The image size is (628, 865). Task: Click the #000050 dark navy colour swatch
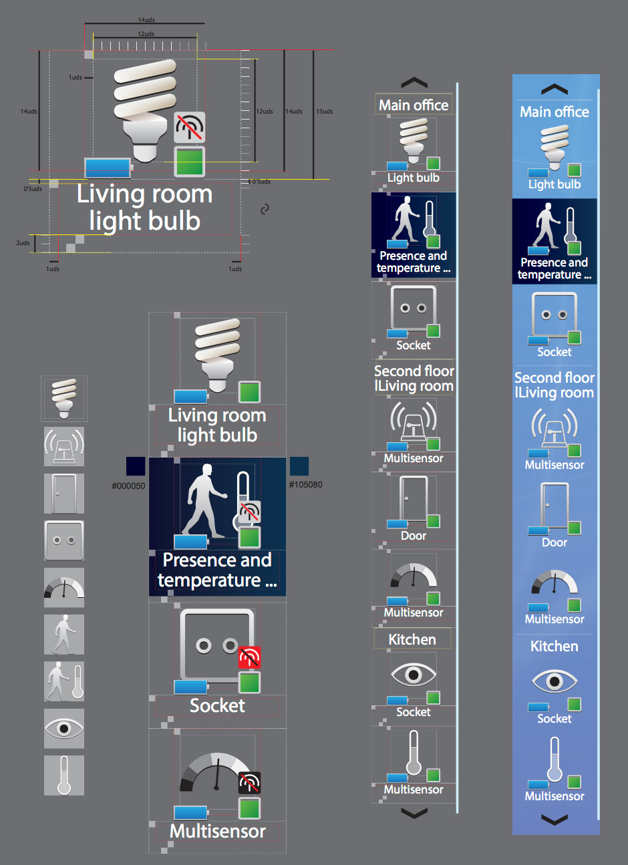(136, 466)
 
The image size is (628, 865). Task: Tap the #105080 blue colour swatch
(299, 466)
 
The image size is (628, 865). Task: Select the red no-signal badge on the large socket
(249, 658)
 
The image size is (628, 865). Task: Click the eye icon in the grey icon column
(64, 728)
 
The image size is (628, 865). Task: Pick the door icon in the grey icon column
(64, 494)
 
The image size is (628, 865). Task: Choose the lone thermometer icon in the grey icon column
(64, 775)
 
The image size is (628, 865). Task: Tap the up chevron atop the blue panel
(555, 90)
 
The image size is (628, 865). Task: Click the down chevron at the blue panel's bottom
(555, 820)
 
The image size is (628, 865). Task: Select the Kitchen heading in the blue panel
(555, 647)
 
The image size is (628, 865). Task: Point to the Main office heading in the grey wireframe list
(414, 105)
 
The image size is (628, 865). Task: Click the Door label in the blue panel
(555, 542)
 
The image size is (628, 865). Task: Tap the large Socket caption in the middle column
(217, 706)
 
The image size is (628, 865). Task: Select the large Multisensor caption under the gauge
(218, 832)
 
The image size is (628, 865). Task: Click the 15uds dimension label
(325, 112)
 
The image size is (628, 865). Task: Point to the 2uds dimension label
(23, 243)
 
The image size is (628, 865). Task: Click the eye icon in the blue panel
(554, 681)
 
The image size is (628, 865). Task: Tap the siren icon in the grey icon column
(64, 446)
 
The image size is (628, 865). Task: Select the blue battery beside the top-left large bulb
(108, 167)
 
